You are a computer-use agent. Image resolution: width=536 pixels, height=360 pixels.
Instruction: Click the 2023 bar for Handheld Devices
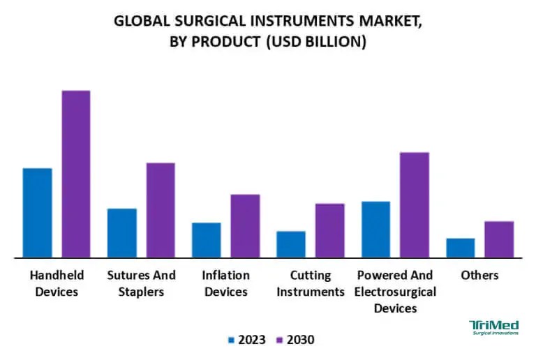tap(37, 213)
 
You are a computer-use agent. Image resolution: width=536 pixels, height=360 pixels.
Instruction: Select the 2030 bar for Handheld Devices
tap(76, 174)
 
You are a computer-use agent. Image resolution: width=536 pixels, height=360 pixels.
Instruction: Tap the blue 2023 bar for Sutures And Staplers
tap(121, 233)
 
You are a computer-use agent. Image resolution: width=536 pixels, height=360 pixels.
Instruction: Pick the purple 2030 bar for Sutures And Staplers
tap(161, 210)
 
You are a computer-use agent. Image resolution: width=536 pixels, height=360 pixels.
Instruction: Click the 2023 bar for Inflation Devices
tap(206, 240)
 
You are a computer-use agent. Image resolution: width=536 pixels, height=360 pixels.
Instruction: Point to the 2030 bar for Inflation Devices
tap(245, 226)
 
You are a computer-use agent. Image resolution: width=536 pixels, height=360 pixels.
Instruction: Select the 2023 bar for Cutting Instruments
tap(290, 244)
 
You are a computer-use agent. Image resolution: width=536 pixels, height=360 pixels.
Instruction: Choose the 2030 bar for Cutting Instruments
tap(329, 230)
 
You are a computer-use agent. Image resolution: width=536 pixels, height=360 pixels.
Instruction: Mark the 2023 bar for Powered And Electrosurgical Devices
tap(375, 230)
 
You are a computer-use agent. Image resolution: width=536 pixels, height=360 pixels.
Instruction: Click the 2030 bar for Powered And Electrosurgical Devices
tap(415, 205)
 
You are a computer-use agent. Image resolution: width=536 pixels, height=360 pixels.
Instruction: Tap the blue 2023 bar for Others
tap(460, 248)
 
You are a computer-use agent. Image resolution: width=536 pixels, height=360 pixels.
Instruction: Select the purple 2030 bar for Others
tap(499, 239)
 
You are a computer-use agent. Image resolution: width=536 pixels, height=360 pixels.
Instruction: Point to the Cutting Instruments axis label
tap(311, 283)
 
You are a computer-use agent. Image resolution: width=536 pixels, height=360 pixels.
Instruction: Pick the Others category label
tap(479, 275)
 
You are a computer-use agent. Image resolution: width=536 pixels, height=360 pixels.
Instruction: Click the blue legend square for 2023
tap(232, 340)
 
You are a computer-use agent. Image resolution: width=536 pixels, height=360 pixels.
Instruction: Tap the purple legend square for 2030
tap(279, 340)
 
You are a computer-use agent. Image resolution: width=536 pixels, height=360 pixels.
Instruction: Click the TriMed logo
tap(493, 328)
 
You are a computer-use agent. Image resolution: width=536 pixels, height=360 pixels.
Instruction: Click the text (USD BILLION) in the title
tap(314, 41)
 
